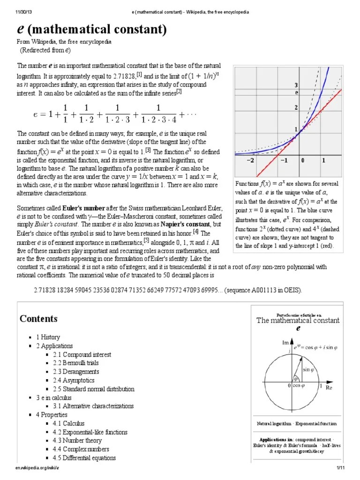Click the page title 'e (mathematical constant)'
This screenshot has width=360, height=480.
tap(92, 30)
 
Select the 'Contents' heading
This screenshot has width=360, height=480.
tap(38, 319)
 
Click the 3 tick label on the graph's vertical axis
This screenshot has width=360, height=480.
tap(296, 85)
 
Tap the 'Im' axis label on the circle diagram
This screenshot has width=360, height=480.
tap(285, 343)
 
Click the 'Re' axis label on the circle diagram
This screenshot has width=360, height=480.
tap(329, 388)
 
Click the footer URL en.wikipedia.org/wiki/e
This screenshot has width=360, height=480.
tap(37, 468)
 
